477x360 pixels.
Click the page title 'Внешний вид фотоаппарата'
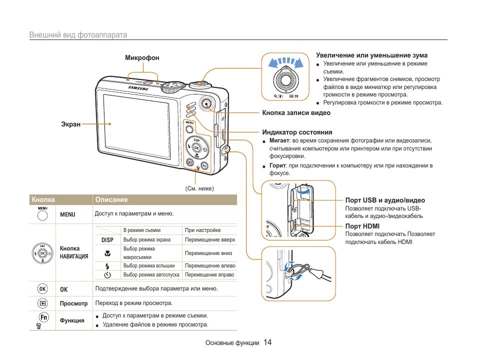(x=78, y=35)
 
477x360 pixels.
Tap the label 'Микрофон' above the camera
(x=142, y=58)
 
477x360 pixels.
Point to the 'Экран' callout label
(x=70, y=124)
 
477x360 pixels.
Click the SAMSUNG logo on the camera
(x=138, y=88)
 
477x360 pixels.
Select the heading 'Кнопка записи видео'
(x=296, y=113)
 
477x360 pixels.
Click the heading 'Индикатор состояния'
(x=297, y=132)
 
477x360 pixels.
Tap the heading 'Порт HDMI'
(x=362, y=226)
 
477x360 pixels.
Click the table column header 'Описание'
(x=111, y=199)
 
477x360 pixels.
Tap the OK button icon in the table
(x=42, y=289)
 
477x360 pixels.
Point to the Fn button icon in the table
(x=43, y=317)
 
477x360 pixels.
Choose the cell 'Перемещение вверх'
(x=209, y=239)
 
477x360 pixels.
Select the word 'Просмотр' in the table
(x=73, y=303)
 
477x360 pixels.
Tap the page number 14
(x=267, y=342)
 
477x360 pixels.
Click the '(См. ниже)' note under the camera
(x=199, y=188)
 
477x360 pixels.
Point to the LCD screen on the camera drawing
(x=141, y=129)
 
